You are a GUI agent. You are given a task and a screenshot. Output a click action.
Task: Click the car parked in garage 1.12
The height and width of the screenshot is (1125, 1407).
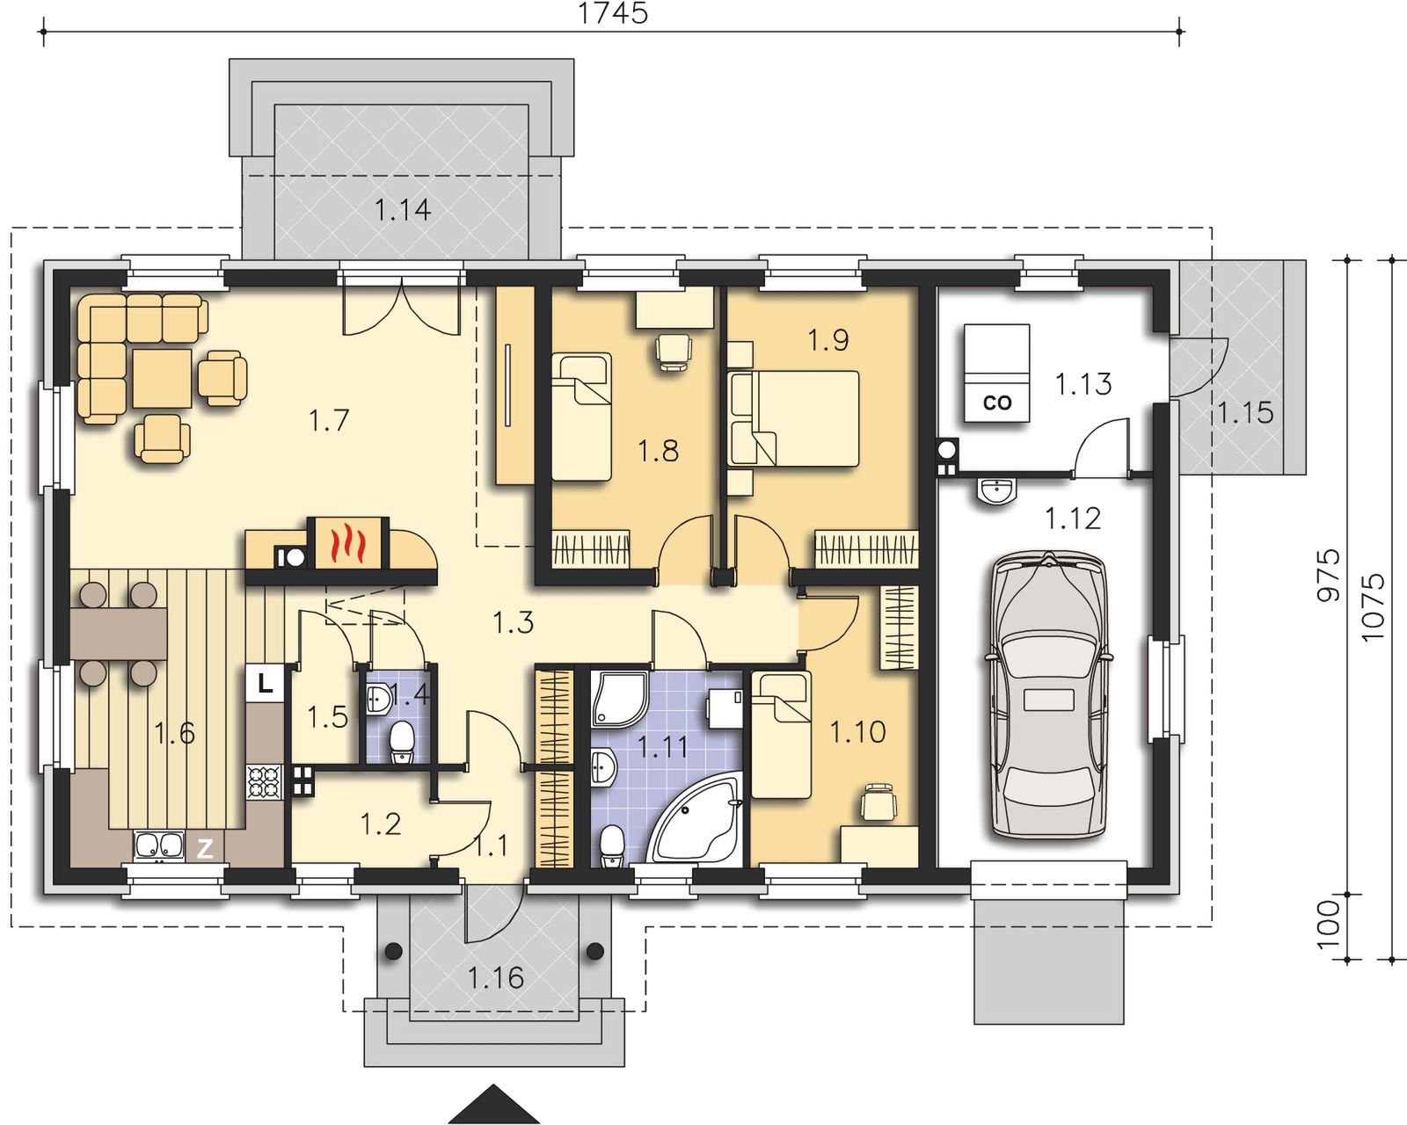(x=1048, y=695)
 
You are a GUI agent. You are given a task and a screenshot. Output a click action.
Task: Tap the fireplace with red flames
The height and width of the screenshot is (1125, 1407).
(x=348, y=542)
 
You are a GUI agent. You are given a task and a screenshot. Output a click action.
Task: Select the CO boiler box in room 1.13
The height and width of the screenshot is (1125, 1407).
(x=996, y=374)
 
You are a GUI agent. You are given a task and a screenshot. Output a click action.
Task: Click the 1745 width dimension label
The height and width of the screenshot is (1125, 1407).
(x=613, y=13)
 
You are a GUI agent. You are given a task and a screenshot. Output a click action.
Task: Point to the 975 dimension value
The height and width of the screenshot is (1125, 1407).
(x=1328, y=576)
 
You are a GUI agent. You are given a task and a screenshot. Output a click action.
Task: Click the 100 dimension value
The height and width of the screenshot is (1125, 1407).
(x=1328, y=925)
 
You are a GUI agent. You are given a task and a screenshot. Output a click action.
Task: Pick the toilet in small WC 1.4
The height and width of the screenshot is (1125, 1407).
(x=401, y=741)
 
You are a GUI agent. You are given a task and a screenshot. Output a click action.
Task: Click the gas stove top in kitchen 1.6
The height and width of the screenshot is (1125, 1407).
(x=264, y=782)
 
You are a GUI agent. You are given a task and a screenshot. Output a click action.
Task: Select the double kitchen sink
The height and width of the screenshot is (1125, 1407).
(x=158, y=846)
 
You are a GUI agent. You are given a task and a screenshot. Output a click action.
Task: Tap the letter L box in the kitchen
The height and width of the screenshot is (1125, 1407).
(x=265, y=684)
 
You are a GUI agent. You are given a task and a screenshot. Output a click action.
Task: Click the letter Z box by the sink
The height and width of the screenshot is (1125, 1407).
(x=205, y=848)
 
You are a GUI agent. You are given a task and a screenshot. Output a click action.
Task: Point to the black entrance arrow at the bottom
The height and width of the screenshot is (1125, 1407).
(x=493, y=1104)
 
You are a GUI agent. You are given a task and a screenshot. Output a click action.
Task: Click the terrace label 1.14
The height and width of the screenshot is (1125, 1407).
(x=403, y=210)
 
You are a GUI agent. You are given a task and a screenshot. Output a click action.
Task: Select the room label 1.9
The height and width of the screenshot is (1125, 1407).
(x=827, y=340)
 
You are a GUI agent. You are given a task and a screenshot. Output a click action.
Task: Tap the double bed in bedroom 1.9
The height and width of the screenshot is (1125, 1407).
(x=794, y=418)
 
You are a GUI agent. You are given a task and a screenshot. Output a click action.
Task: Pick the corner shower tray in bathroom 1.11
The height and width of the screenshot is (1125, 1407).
(x=620, y=699)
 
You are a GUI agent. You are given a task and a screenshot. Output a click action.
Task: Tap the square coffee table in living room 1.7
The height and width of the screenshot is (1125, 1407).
(x=162, y=379)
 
